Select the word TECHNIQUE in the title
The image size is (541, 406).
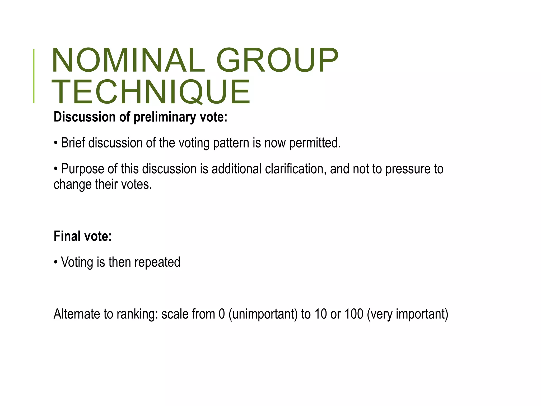(x=151, y=92)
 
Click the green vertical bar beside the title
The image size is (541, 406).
(x=34, y=76)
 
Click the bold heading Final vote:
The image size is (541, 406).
(x=83, y=236)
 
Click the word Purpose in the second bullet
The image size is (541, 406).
(x=82, y=169)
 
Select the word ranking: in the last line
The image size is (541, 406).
(x=137, y=314)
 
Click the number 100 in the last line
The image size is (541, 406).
(x=354, y=314)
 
